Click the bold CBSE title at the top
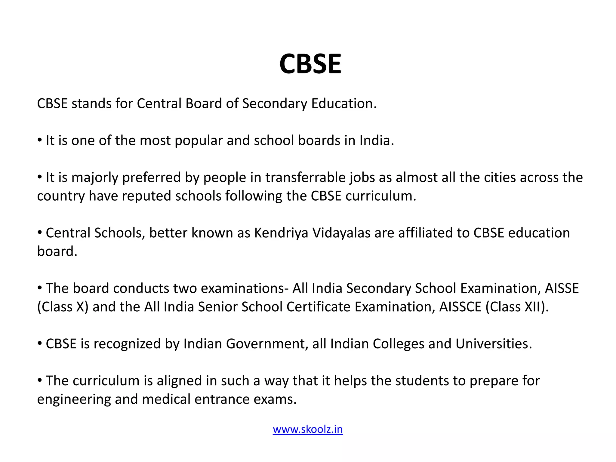310,64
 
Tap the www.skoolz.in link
308,429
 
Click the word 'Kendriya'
281,233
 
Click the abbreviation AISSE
562,288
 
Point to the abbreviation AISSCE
460,307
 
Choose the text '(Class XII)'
517,307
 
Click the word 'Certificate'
319,307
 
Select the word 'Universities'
494,344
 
